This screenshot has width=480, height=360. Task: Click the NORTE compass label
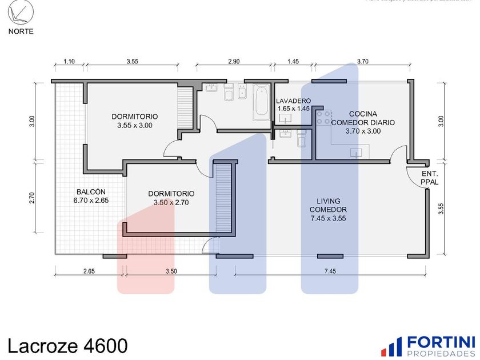point(21,31)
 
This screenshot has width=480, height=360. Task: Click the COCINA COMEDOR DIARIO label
point(362,122)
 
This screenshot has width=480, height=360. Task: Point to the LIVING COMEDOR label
point(329,209)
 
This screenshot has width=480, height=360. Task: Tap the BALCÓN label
point(91,196)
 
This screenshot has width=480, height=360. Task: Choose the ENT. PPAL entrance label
point(429,178)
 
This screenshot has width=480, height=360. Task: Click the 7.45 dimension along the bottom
point(329,271)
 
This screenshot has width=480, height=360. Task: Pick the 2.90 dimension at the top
point(234,61)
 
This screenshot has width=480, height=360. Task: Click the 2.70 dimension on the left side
point(33,198)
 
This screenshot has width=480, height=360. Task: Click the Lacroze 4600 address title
point(67,346)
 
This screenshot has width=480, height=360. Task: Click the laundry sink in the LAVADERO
point(285,118)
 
